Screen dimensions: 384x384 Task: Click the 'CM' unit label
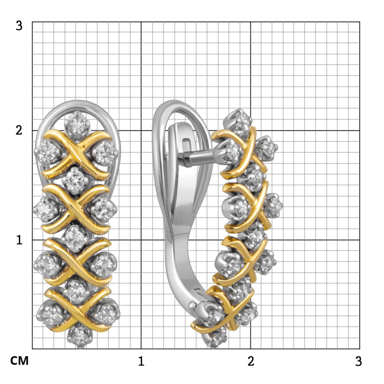[19, 361]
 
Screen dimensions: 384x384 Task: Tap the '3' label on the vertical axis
[19, 26]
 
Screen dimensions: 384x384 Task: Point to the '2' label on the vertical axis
[19, 130]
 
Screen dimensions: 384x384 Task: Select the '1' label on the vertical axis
[19, 240]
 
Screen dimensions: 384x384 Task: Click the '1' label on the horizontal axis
[141, 361]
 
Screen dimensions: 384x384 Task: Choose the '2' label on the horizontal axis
[251, 361]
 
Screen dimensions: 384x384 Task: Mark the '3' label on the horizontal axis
[358, 361]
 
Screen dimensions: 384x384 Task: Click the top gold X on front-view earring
[77, 154]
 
